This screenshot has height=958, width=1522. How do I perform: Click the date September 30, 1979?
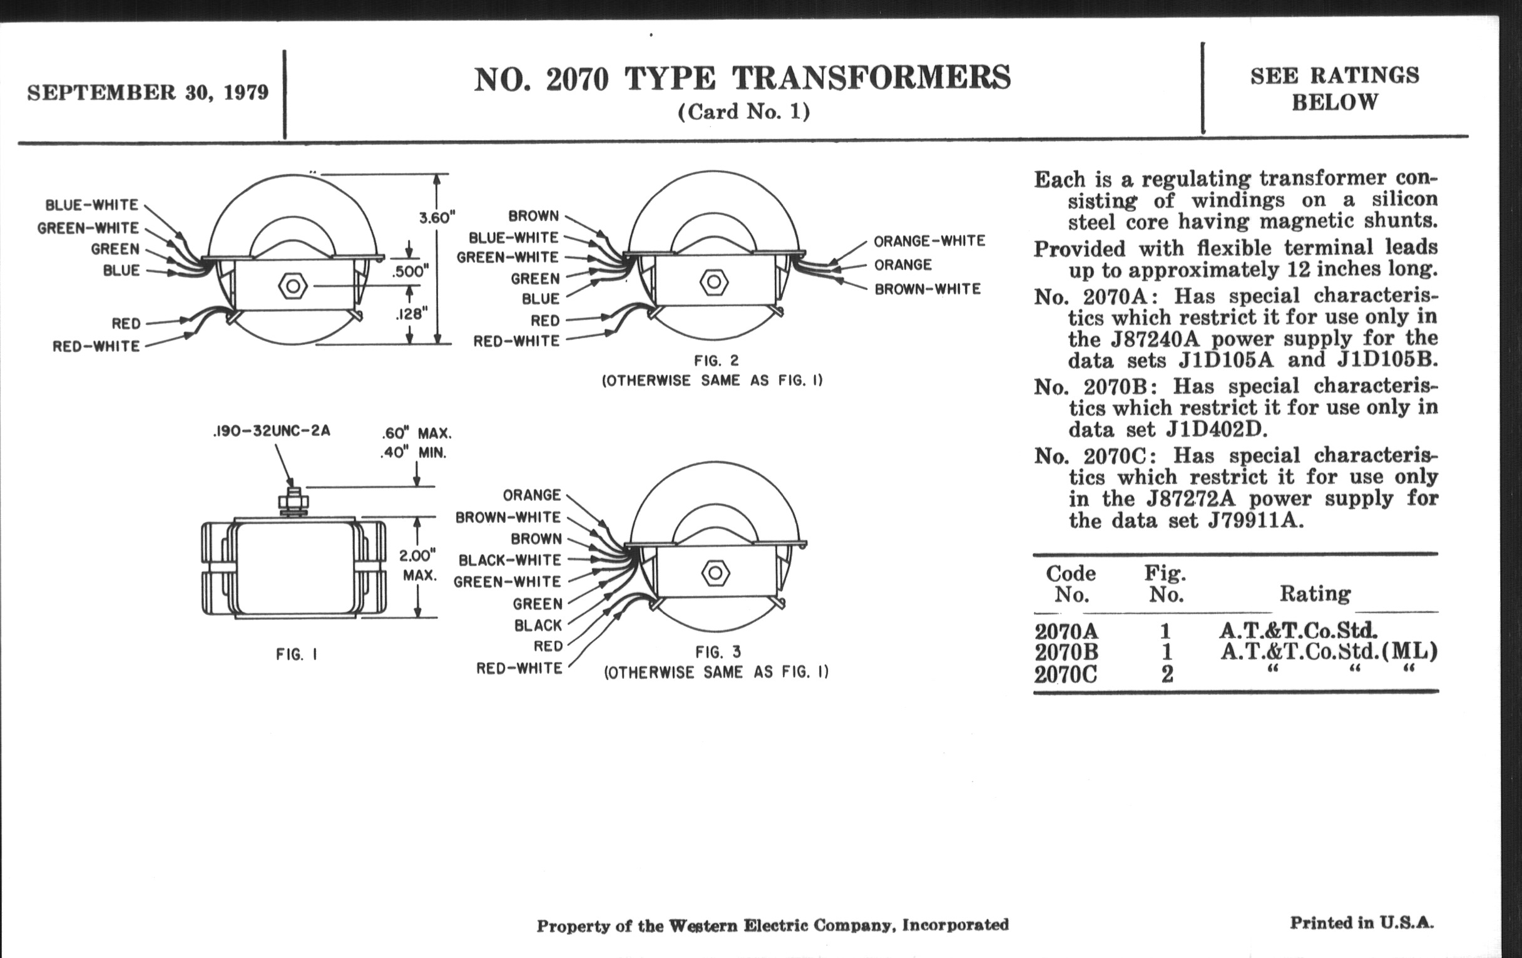[147, 93]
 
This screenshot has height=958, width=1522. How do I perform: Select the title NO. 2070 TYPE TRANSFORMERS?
[742, 79]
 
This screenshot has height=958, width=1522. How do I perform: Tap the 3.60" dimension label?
[437, 217]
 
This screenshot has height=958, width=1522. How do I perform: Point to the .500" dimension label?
[410, 272]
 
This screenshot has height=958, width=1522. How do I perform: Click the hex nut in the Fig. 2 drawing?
[713, 282]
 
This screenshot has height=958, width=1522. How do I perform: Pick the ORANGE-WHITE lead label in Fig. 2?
[929, 241]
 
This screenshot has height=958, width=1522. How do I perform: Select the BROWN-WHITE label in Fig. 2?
[927, 289]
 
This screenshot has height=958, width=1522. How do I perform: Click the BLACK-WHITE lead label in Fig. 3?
[509, 560]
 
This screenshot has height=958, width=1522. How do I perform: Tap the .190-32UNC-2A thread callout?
[271, 431]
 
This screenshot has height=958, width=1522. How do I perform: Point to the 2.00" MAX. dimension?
[418, 565]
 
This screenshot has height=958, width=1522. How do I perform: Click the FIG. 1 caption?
[297, 654]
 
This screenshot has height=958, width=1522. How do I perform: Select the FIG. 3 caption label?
[717, 652]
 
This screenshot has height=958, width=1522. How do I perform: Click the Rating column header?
[1315, 593]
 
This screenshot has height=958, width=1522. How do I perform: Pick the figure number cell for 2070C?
[1167, 674]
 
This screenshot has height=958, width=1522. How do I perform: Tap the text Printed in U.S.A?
[1361, 922]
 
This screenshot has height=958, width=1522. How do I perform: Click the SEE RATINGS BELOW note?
[1334, 88]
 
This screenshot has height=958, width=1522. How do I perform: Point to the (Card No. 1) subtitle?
[743, 112]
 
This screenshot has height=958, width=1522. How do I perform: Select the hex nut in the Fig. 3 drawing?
[715, 573]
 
